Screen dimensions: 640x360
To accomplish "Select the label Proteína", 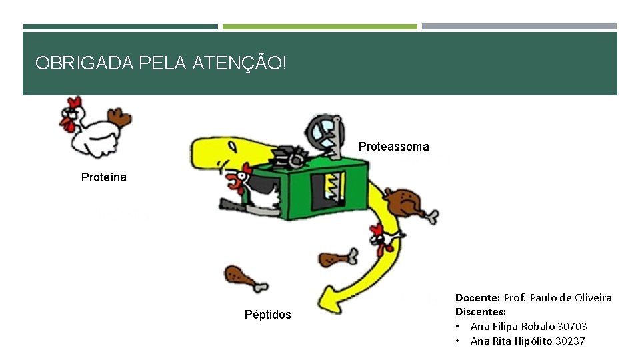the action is pos(103,177).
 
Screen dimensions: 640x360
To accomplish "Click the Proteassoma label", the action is pos(393,147).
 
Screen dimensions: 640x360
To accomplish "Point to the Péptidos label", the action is pos(267,315).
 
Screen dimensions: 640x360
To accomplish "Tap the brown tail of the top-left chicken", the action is pos(121,119).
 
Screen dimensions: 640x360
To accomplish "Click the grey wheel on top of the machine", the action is pos(322,133).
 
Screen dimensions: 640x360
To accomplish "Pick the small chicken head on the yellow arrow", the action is pos(378,237).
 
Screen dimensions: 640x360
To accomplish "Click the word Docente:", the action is pos(477,298).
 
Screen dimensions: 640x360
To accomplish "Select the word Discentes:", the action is pos(480,312).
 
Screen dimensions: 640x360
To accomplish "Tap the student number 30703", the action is pos(571,327).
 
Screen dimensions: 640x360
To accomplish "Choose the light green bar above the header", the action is pos(319,27).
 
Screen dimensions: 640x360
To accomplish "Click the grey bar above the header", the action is pos(519,27).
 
